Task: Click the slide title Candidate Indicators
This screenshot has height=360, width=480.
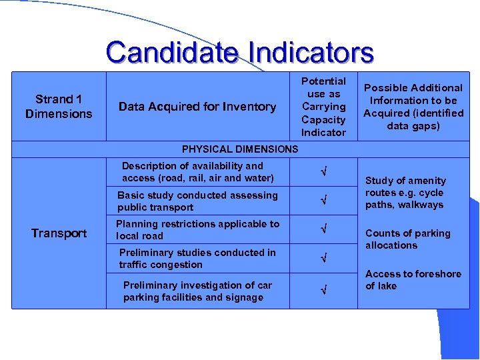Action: [239, 52]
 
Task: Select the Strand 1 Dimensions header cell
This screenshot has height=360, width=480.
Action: [59, 107]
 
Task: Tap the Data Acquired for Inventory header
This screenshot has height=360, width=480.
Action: [197, 107]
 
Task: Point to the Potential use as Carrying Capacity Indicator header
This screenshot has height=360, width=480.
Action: [323, 107]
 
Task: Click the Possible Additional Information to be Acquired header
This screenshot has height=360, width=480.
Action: [413, 107]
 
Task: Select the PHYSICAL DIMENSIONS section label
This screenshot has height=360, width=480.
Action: [240, 149]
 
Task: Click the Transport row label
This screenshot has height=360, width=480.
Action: [59, 233]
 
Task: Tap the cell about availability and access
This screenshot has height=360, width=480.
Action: [197, 172]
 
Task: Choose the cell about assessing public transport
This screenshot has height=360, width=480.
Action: [197, 201]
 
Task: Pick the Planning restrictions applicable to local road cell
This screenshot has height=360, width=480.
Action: [197, 230]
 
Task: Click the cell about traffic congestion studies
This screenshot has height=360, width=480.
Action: [197, 259]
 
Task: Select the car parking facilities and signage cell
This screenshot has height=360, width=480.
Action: [197, 291]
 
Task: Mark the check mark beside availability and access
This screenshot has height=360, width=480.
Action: [324, 173]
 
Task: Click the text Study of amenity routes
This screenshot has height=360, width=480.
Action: [405, 193]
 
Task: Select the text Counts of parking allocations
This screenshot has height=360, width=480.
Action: [407, 239]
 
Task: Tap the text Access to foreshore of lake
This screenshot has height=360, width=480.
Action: [413, 280]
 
